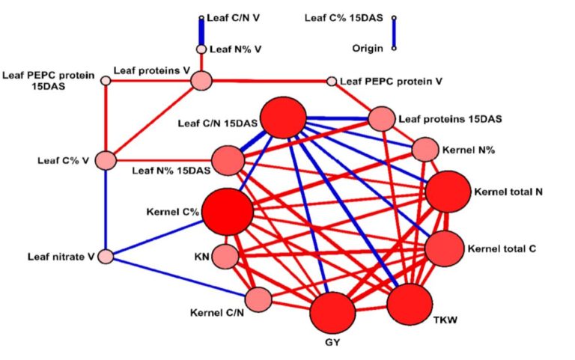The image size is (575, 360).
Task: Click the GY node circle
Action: (x=332, y=313)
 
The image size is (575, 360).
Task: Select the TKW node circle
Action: (x=410, y=305)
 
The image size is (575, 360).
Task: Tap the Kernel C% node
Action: (x=228, y=212)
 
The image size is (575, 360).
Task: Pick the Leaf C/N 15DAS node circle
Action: (x=283, y=118)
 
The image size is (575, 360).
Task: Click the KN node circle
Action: (x=225, y=257)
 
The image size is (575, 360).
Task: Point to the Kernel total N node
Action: (x=448, y=192)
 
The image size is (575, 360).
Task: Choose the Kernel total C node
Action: (x=445, y=248)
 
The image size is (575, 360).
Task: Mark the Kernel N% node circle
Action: (x=425, y=150)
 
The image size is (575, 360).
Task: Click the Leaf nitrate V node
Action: (x=106, y=257)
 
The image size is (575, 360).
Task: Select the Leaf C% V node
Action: (x=106, y=160)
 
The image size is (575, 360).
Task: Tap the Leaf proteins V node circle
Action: (x=201, y=80)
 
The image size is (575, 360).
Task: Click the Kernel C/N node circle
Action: (x=258, y=299)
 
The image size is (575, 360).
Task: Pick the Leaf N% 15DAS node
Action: (x=228, y=160)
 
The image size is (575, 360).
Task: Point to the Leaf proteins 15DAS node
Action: (x=382, y=119)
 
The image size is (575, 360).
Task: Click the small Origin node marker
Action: (x=394, y=48)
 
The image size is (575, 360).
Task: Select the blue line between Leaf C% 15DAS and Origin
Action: (x=394, y=33)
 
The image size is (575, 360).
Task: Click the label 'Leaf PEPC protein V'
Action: (x=392, y=81)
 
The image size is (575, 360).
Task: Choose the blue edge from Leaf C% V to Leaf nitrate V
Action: (x=106, y=210)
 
